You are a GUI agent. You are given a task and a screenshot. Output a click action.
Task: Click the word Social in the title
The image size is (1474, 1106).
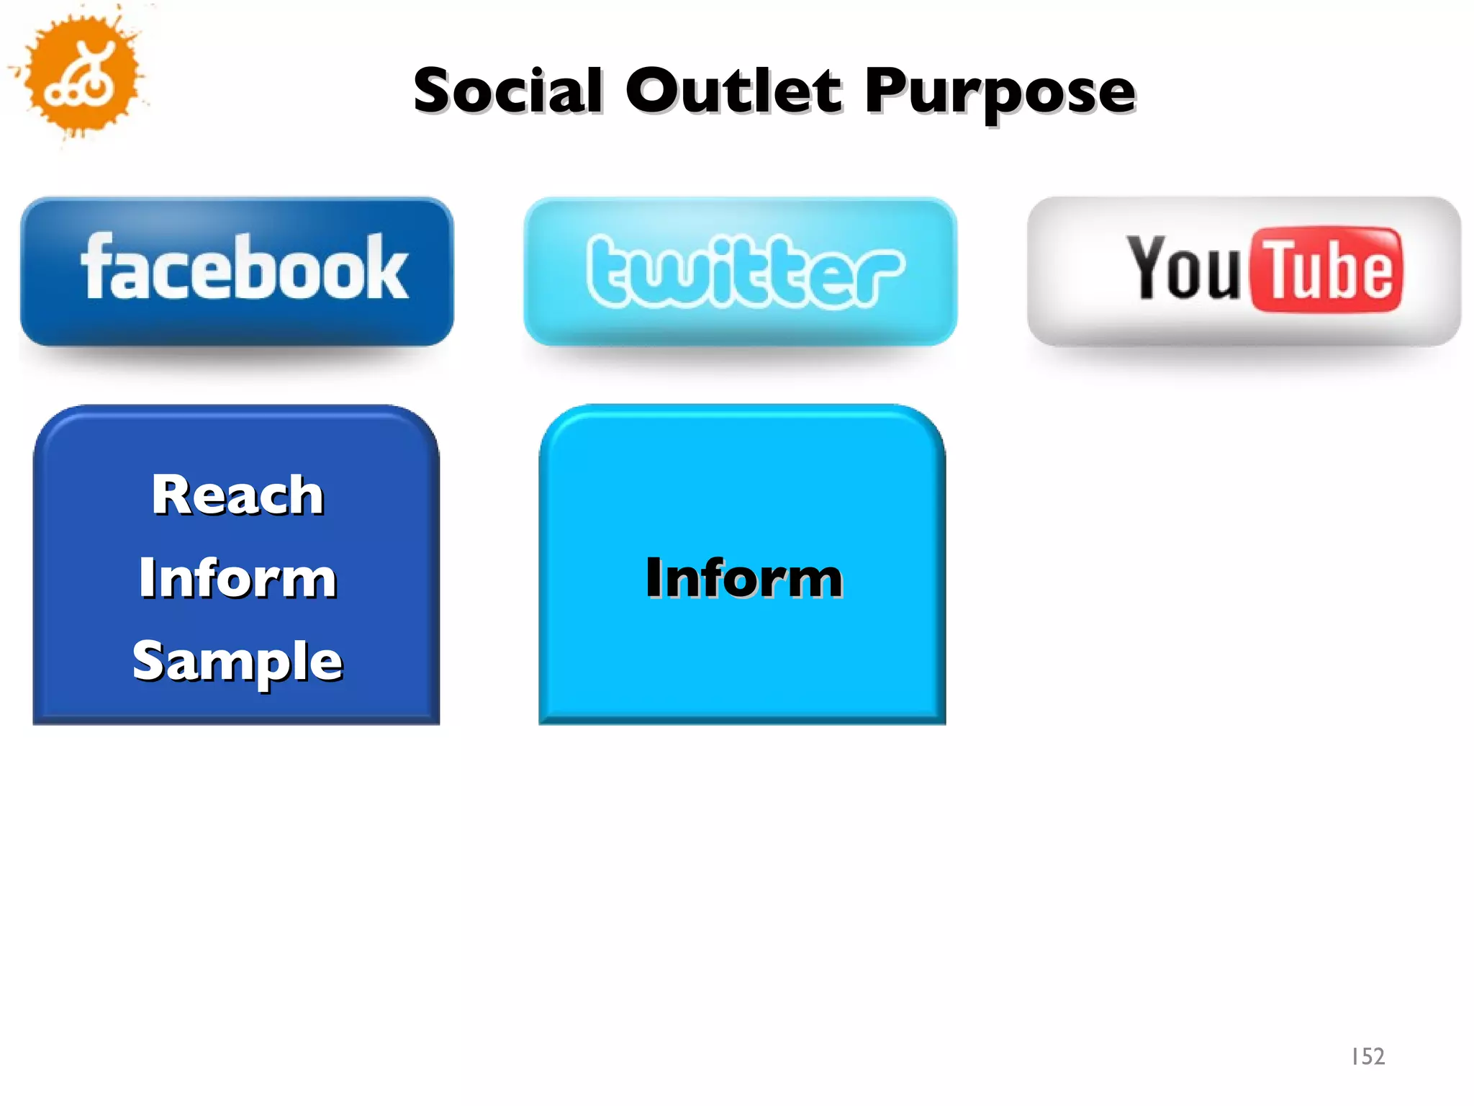point(507,91)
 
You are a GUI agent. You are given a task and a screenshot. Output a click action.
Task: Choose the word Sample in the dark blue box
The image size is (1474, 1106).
point(238,661)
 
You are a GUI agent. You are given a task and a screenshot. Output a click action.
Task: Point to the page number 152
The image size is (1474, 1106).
point(1367,1056)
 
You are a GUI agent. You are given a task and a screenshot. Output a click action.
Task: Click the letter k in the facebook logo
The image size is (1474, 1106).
point(389,266)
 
